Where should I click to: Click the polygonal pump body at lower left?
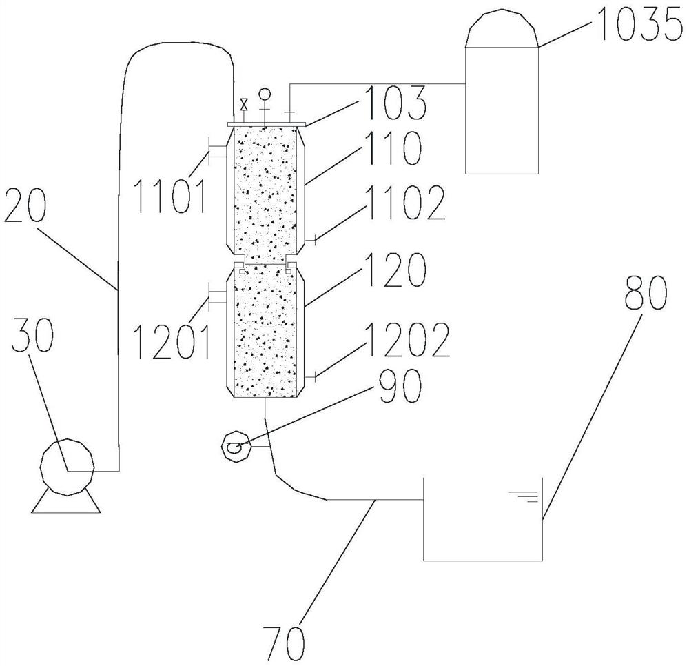pyautogui.click(x=67, y=469)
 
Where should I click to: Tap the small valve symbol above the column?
pyautogui.click(x=244, y=105)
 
